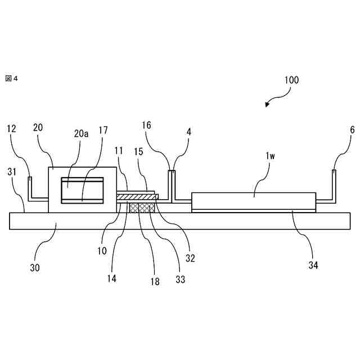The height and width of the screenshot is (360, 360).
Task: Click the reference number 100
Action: [291, 80]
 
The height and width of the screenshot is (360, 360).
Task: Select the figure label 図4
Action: [12, 78]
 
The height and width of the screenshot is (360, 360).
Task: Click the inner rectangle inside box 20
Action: [83, 190]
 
